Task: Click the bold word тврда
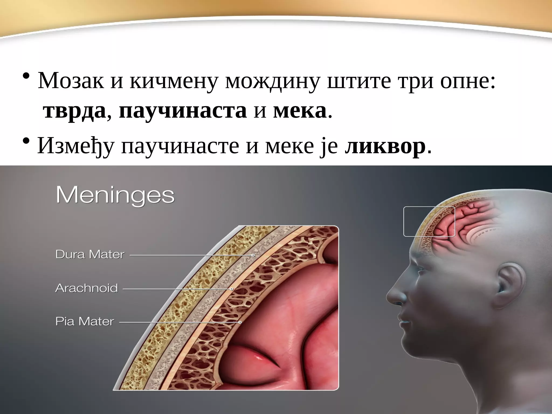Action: [74, 111]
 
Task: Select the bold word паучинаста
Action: [183, 111]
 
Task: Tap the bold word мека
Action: [299, 111]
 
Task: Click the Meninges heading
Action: [115, 196]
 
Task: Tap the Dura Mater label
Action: [90, 254]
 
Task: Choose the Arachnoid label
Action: [87, 288]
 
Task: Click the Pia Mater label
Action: [85, 322]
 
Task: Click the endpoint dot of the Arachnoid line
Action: [232, 289]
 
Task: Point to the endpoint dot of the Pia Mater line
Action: [240, 322]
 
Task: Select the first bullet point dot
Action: [26, 77]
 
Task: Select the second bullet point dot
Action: [26, 142]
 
